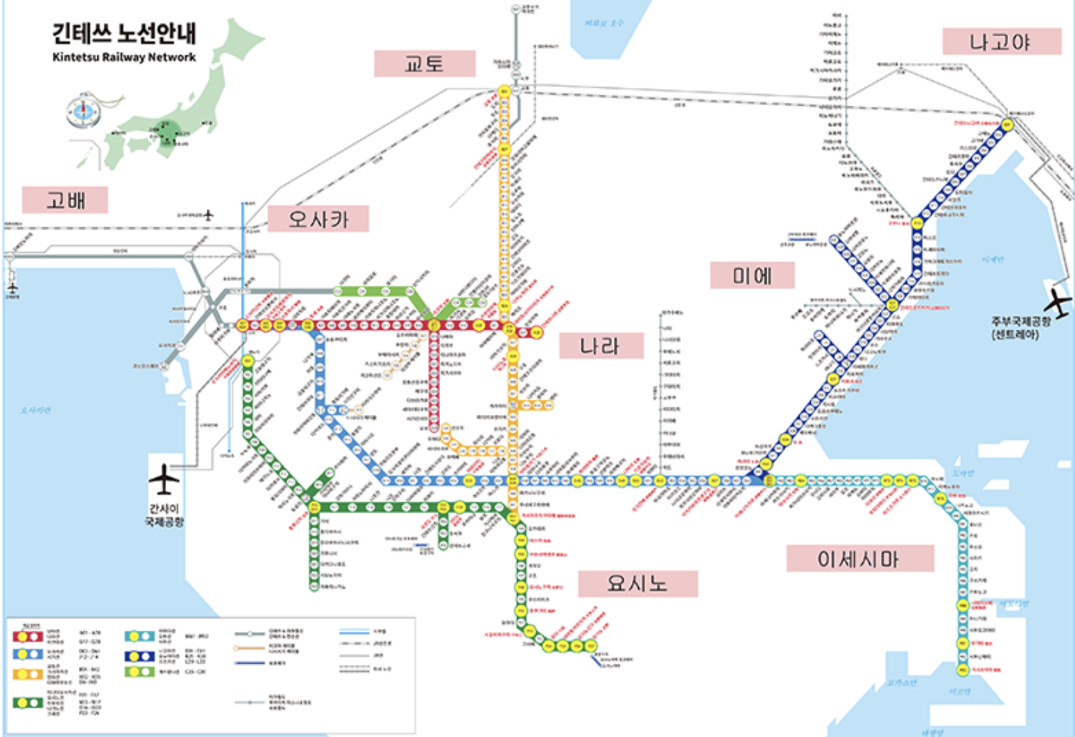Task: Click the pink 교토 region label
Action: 425,63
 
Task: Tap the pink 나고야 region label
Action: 1001,42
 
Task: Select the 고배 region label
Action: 65,200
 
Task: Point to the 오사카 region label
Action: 318,219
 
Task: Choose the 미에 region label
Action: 752,276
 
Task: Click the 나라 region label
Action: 601,346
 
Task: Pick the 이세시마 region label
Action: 859,559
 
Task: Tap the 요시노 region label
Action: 637,583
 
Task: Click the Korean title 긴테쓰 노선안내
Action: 124,33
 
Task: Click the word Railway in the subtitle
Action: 125,57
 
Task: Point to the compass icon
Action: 83,111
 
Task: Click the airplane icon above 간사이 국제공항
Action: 164,479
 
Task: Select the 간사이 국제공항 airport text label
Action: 164,515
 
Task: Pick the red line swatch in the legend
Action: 28,635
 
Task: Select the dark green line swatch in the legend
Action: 28,702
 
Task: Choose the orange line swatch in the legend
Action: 28,673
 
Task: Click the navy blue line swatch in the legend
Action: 139,656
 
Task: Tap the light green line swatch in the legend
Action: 139,671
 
